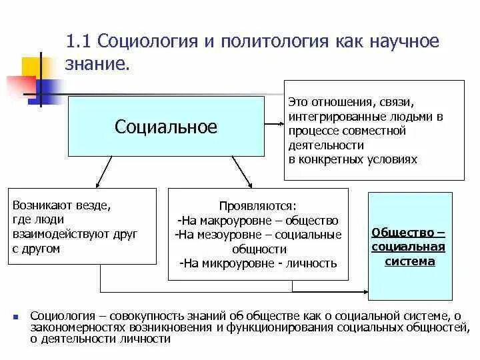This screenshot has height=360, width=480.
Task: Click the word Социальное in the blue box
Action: tap(166, 127)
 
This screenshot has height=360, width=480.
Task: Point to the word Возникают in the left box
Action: tap(40, 205)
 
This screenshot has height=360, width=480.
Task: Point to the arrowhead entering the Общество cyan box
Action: tap(365, 291)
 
